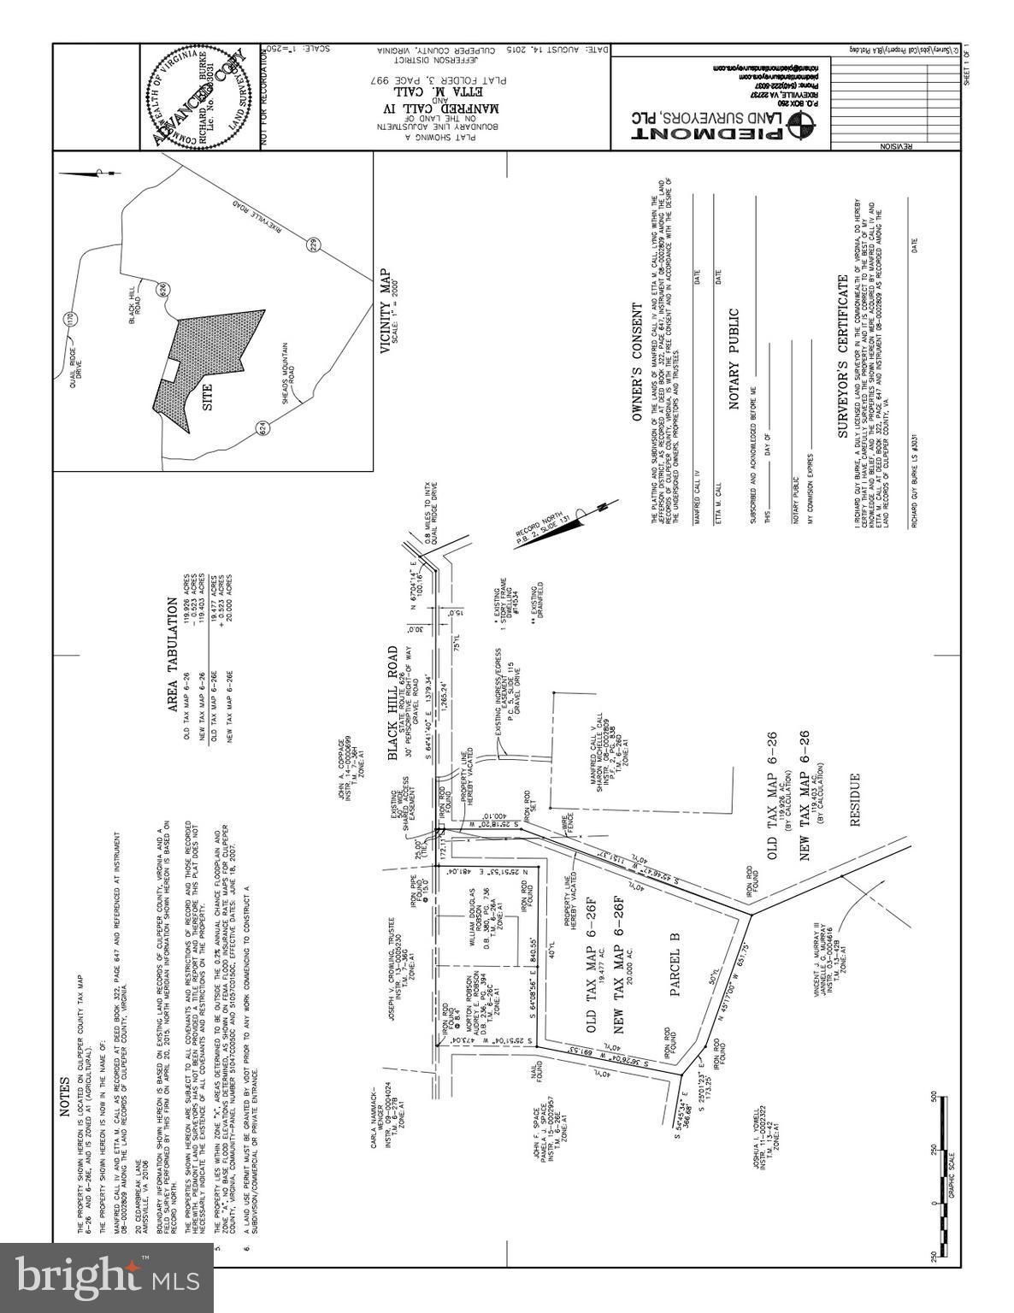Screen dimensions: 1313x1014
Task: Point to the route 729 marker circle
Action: [x=313, y=244]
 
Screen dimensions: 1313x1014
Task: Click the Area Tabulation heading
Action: [x=172, y=654]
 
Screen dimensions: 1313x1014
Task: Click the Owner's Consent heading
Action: [x=636, y=362]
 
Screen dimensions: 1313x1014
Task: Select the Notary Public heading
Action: [x=734, y=360]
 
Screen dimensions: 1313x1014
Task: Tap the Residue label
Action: [x=852, y=803]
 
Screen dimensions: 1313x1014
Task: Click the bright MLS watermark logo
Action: [x=106, y=1278]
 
